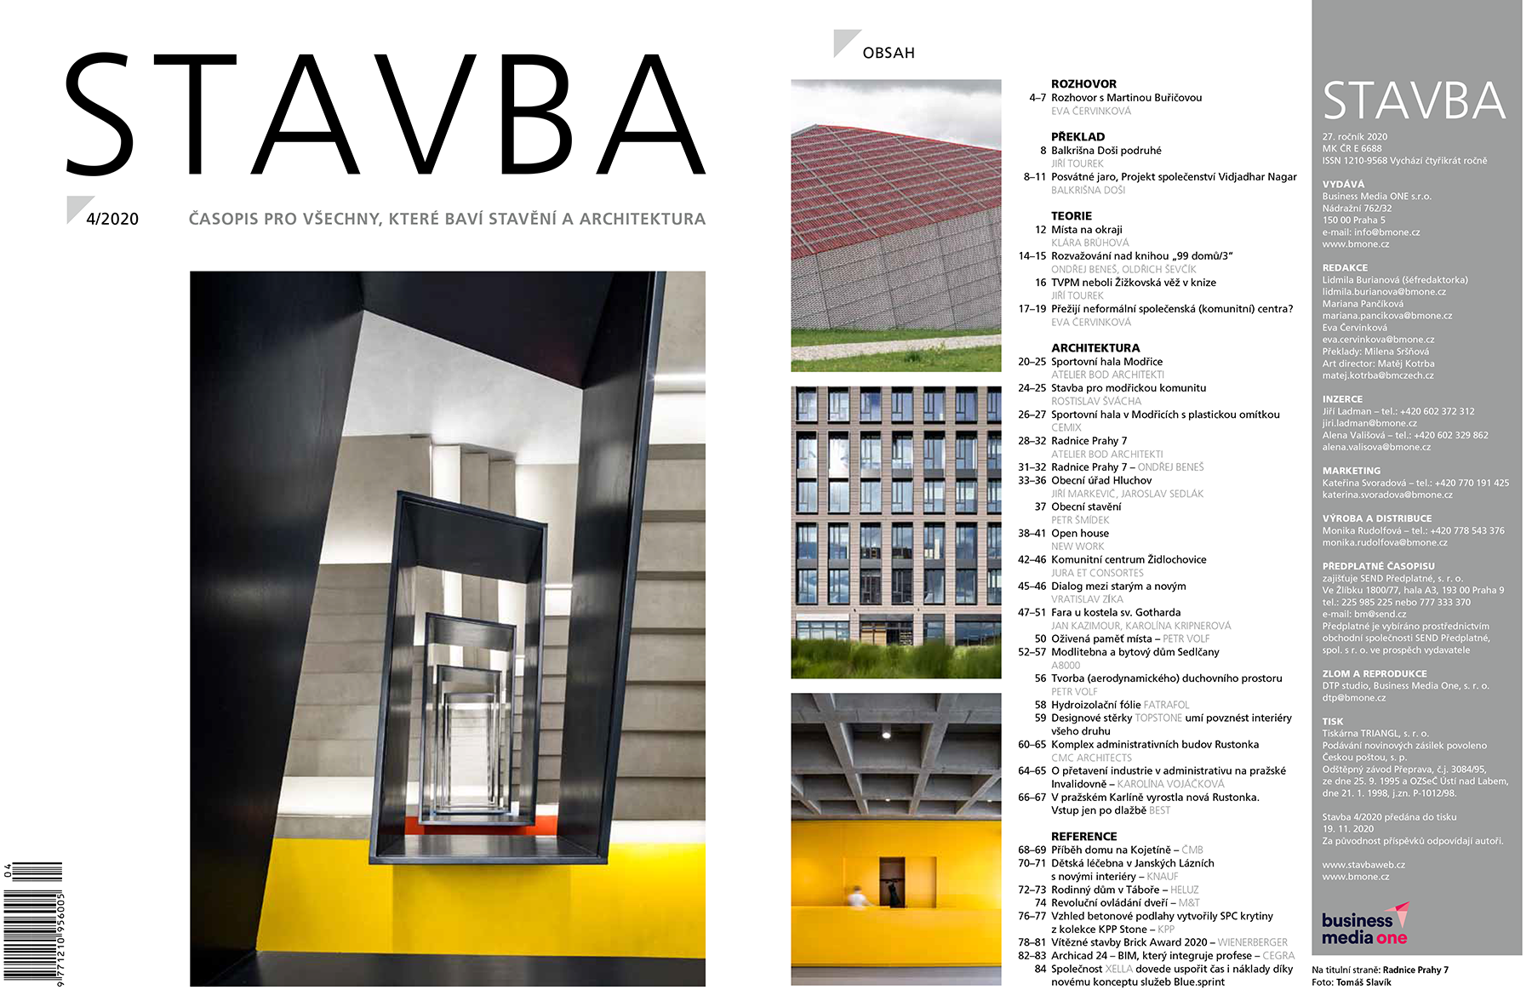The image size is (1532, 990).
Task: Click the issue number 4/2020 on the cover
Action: (x=111, y=219)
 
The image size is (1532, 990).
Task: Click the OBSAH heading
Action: (x=888, y=53)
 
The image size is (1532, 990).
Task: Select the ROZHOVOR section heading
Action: (x=1083, y=84)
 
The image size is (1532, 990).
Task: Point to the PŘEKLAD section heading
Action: (x=1078, y=137)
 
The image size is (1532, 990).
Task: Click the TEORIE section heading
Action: (x=1071, y=216)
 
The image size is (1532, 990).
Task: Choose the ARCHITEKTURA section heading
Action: (x=1095, y=348)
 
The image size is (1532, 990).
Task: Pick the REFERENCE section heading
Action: (x=1083, y=837)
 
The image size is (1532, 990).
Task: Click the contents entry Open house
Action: (x=1079, y=534)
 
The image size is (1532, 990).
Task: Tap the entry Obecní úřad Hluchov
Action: (x=1100, y=481)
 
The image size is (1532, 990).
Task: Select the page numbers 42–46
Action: (x=1032, y=560)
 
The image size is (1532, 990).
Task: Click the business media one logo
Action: (x=1364, y=925)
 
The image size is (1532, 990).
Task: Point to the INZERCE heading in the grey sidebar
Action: (x=1342, y=399)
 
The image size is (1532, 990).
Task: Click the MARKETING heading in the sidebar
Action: (x=1351, y=471)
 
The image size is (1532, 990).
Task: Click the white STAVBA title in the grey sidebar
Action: (x=1414, y=101)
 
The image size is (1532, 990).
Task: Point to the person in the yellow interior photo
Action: (x=857, y=896)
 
